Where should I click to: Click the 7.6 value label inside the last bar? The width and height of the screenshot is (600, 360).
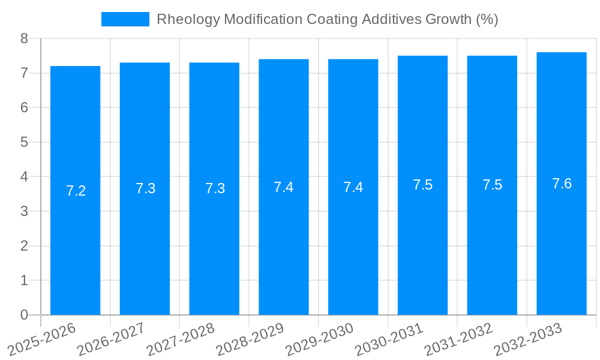(x=562, y=184)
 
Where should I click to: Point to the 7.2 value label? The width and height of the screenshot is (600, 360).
(x=76, y=191)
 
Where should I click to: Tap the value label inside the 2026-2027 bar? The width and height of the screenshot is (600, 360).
(x=145, y=188)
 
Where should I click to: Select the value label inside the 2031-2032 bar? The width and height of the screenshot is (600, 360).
(x=492, y=185)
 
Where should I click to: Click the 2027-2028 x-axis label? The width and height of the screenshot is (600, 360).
(x=180, y=338)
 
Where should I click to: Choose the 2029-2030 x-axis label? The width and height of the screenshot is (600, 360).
(x=319, y=338)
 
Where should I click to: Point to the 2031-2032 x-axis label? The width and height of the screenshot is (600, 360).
(x=458, y=338)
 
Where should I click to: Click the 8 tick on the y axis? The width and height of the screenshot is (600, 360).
(x=24, y=38)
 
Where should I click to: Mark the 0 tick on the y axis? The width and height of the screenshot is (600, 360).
(x=24, y=315)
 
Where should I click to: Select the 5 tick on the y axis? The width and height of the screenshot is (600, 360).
(x=24, y=142)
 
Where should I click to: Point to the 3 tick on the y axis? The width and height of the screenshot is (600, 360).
(x=24, y=211)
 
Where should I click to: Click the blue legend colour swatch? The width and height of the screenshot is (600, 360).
(x=125, y=19)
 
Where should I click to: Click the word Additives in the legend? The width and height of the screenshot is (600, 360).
(x=392, y=19)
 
